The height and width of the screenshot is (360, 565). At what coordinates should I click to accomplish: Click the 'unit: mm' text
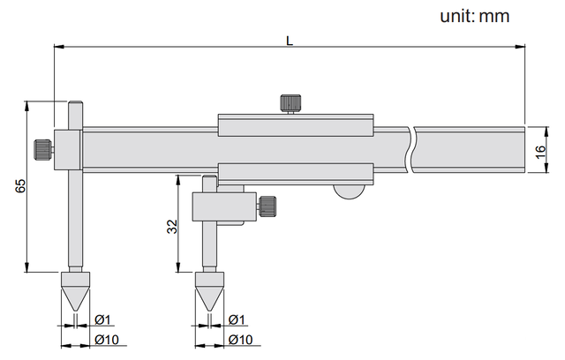[474, 16]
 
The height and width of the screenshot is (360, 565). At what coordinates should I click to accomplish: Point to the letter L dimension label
[290, 39]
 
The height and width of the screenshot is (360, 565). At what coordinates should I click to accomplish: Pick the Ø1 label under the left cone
[101, 319]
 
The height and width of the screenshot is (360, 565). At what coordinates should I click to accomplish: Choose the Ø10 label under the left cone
[104, 340]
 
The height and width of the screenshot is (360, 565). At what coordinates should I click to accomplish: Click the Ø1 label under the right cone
[236, 319]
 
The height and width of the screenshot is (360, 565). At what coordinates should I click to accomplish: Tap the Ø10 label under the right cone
[239, 340]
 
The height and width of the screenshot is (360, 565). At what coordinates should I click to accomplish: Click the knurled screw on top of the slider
[289, 103]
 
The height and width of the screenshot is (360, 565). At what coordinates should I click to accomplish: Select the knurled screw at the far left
[42, 148]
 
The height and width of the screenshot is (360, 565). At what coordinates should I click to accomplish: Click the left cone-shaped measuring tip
[74, 290]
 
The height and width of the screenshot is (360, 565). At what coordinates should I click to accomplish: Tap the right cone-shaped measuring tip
[209, 290]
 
